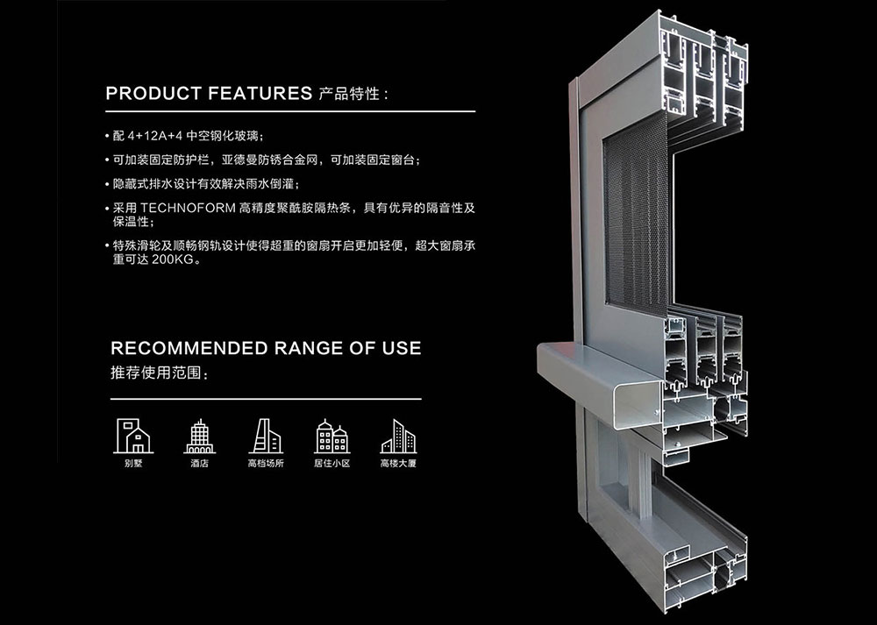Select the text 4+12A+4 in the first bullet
[155, 137]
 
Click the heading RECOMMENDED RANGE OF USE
[266, 348]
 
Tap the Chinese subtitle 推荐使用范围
[158, 373]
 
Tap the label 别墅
[133, 464]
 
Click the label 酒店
[199, 464]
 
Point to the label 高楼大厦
[398, 464]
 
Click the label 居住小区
[332, 464]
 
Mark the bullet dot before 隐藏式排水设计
[107, 184]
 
